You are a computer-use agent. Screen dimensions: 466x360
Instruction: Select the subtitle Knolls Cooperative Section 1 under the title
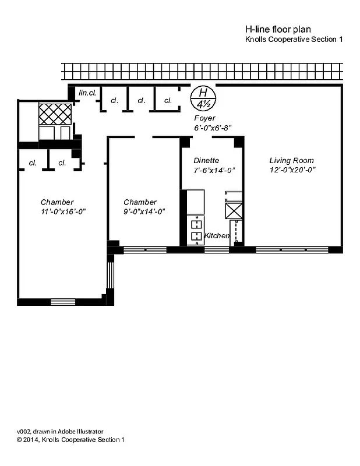pyautogui.click(x=294, y=39)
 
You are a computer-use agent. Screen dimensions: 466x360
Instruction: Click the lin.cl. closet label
pyautogui.click(x=87, y=91)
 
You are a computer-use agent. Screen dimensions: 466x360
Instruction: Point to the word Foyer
pyautogui.click(x=204, y=118)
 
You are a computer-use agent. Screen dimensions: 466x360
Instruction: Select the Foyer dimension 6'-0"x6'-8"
pyautogui.click(x=213, y=128)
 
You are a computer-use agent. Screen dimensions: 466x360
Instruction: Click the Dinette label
pyautogui.click(x=206, y=160)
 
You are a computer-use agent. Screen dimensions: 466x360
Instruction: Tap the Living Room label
pyautogui.click(x=291, y=160)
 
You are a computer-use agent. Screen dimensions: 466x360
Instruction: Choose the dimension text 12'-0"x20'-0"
pyautogui.click(x=292, y=170)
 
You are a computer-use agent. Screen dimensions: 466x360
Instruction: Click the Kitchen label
pyautogui.click(x=217, y=235)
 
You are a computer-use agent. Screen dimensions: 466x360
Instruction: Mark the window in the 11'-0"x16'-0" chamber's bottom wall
pyautogui.click(x=63, y=302)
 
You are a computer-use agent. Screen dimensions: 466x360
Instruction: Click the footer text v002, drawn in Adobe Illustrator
pyautogui.click(x=60, y=432)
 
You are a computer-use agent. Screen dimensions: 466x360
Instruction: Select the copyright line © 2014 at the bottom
pyautogui.click(x=70, y=440)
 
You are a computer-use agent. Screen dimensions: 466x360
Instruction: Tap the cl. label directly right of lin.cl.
pyautogui.click(x=115, y=100)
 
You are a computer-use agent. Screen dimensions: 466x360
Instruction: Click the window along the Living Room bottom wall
pyautogui.click(x=292, y=250)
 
